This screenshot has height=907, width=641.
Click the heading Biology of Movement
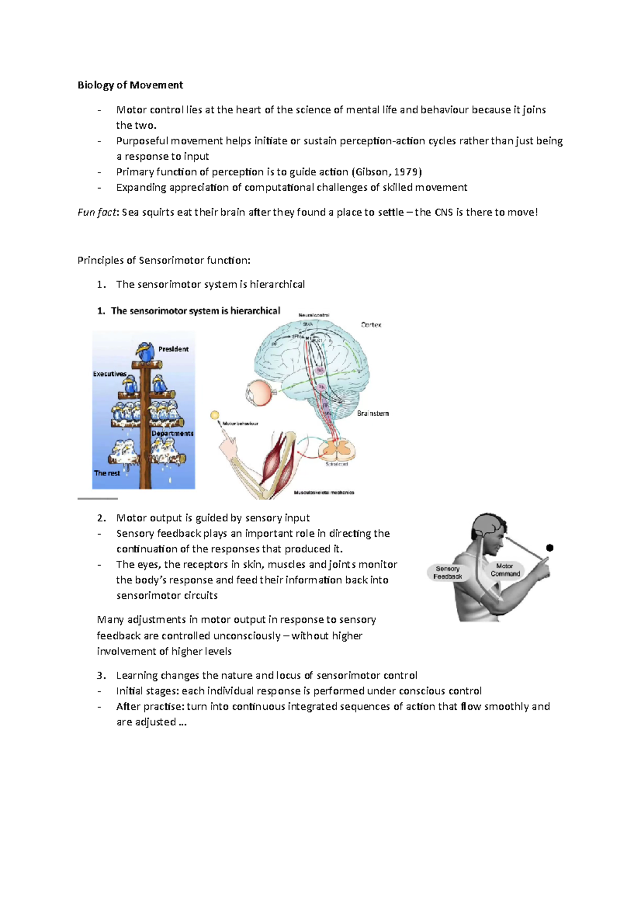click(130, 85)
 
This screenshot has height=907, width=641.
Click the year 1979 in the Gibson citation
click(407, 172)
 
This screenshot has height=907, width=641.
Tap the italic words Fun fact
click(97, 212)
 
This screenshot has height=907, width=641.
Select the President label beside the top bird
click(173, 349)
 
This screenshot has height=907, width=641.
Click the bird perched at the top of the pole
click(144, 351)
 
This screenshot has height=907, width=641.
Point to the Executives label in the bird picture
click(110, 374)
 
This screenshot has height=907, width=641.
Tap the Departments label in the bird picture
click(172, 433)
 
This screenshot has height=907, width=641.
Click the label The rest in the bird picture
click(107, 473)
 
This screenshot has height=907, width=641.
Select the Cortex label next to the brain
click(371, 325)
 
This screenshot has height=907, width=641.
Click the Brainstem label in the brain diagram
click(373, 413)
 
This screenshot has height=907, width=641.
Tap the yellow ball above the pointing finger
click(215, 415)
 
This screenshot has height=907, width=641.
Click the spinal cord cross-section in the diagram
click(337, 448)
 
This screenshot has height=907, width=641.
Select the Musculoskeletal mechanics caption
click(324, 492)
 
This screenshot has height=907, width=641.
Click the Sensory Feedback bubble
click(448, 573)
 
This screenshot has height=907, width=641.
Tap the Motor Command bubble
click(505, 569)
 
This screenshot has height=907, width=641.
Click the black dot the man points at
click(550, 548)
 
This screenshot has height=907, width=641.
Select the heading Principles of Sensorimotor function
click(163, 260)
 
